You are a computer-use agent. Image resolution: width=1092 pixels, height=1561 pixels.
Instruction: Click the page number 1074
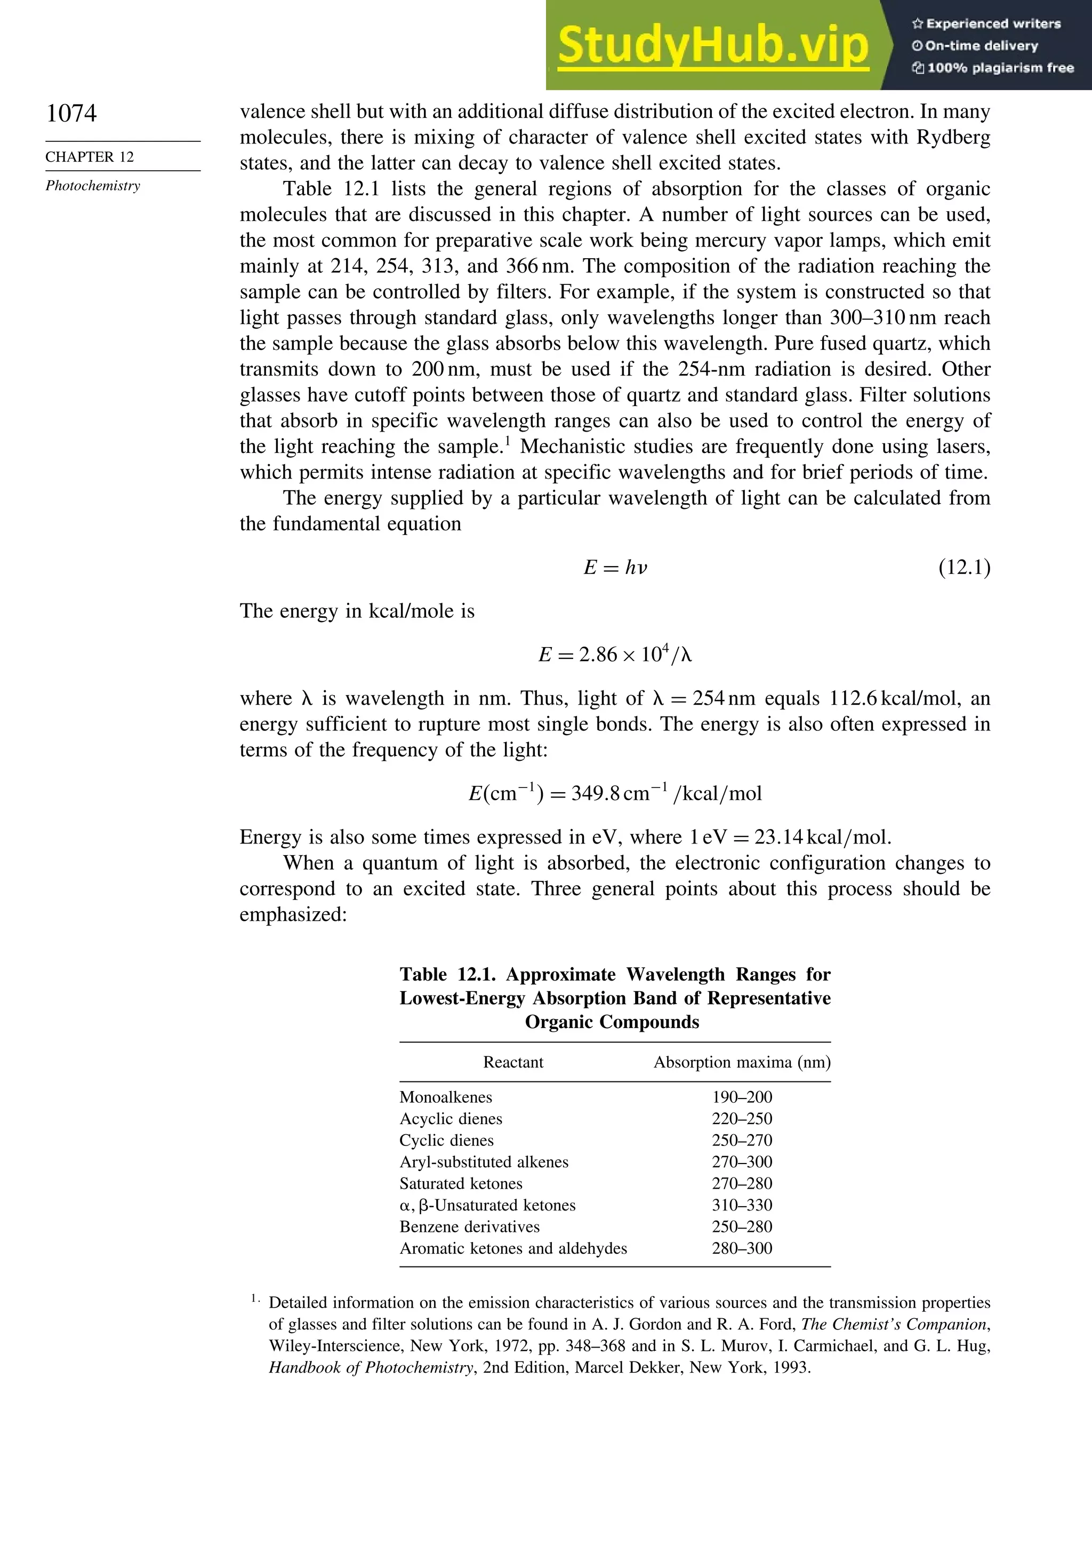click(71, 113)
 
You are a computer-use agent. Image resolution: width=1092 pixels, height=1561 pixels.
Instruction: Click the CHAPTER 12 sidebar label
click(90, 157)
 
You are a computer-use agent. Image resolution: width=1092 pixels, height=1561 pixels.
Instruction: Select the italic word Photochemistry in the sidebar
click(93, 186)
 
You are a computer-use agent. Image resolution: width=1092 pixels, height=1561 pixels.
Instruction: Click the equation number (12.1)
click(963, 568)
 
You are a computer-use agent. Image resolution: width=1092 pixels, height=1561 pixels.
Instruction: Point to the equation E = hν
click(615, 568)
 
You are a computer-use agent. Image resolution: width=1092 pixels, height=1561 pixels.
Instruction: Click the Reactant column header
click(513, 1063)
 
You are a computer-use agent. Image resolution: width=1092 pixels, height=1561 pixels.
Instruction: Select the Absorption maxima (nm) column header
click(741, 1063)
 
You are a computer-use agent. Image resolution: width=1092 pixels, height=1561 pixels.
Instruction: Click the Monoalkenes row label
click(446, 1097)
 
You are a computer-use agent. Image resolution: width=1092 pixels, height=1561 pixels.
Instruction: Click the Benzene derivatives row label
click(470, 1227)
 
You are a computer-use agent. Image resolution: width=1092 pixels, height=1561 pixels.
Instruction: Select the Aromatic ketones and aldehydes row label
click(513, 1249)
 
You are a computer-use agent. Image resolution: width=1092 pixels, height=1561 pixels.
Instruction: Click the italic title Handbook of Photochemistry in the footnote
click(371, 1368)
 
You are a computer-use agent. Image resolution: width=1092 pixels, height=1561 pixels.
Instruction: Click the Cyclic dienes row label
click(446, 1141)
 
